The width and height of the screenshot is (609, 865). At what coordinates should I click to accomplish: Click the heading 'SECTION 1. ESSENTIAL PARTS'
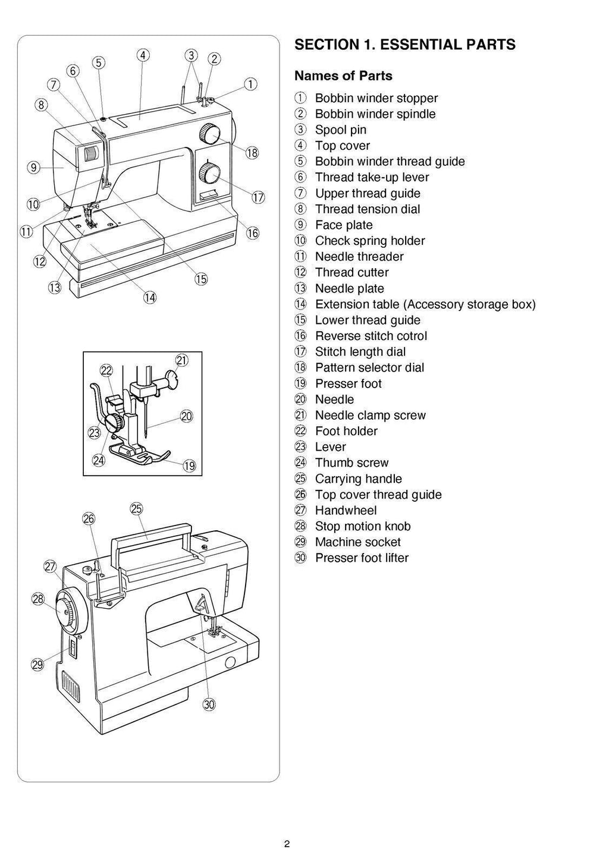405,45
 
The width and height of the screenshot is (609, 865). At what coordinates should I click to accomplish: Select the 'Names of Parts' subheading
343,76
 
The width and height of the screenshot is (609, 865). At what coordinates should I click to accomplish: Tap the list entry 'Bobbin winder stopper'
376,98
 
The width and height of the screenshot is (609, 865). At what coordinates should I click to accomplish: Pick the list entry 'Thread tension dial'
367,209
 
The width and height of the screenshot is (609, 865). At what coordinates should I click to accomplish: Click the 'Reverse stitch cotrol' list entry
371,336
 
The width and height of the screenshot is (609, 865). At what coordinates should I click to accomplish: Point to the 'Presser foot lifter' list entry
362,558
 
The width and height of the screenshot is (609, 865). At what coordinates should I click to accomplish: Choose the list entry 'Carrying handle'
358,479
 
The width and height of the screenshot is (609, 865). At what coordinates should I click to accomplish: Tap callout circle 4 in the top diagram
143,55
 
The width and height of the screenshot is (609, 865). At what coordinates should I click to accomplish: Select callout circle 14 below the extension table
149,297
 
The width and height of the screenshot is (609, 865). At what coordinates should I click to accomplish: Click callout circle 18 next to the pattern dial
252,153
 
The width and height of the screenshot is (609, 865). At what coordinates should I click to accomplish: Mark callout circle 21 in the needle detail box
181,360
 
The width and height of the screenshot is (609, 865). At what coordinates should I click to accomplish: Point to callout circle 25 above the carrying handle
136,509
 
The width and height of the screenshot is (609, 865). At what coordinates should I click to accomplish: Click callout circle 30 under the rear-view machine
209,705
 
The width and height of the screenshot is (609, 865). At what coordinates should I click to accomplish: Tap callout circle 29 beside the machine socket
37,665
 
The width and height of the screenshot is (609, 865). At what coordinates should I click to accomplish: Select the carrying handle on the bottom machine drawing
152,533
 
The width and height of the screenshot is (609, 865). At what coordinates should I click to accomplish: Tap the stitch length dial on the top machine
209,174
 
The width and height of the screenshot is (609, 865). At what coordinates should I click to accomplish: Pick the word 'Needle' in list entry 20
334,400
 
